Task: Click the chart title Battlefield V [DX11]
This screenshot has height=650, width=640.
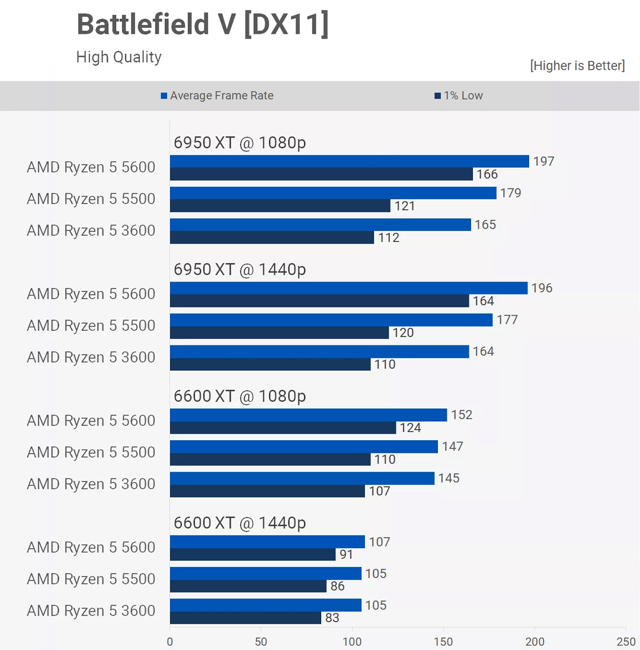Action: (202, 25)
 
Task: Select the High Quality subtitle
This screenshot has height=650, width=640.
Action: (119, 57)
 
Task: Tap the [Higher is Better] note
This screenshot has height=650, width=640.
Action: (577, 65)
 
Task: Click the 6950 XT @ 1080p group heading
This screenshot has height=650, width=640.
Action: (239, 143)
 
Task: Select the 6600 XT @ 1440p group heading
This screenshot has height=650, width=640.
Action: (239, 523)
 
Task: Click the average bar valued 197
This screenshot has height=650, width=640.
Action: (349, 161)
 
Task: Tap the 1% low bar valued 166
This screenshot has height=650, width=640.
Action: (321, 174)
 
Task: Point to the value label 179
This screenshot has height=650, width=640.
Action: (510, 193)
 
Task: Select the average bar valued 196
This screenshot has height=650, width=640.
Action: (348, 288)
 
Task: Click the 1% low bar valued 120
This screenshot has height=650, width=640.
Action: (279, 332)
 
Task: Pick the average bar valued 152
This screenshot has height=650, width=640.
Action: (308, 415)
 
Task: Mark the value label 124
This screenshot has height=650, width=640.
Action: (411, 428)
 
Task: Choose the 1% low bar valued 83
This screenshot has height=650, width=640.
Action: (245, 618)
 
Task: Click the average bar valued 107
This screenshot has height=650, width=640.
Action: (267, 542)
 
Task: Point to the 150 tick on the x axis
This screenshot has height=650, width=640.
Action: (443, 642)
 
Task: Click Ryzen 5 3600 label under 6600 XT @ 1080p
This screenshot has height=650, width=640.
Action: (91, 484)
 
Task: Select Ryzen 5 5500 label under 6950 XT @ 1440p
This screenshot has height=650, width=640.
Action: (91, 326)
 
